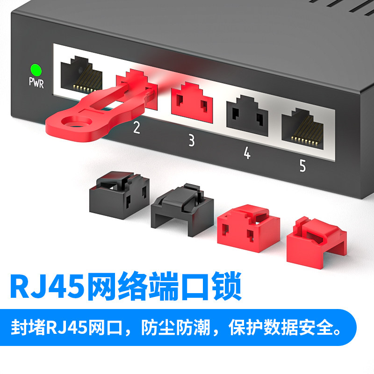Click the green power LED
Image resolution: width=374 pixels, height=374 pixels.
[36, 70]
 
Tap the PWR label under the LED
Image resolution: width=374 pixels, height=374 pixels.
[36, 83]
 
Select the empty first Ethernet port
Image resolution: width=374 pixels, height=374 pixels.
[81, 74]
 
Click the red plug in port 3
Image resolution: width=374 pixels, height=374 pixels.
[192, 102]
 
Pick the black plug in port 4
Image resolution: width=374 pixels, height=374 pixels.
[247, 115]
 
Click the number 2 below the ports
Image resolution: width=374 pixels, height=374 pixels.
[137, 127]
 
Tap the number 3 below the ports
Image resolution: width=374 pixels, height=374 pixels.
[192, 140]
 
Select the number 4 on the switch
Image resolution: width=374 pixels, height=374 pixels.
[247, 153]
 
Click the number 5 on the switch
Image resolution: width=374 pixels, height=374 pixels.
[302, 165]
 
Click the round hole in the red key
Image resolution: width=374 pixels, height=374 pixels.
[77, 121]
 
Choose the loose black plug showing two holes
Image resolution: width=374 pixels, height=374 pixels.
[119, 195]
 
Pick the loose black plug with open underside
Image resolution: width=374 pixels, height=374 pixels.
[182, 210]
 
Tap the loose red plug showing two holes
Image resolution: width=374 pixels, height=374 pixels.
[249, 228]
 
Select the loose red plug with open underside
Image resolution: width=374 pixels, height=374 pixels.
[316, 243]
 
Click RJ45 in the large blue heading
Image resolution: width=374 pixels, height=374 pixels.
[47, 286]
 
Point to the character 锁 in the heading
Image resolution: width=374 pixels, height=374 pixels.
[227, 286]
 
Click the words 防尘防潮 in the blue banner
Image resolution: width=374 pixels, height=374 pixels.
[176, 328]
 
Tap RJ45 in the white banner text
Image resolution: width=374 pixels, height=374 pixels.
[67, 328]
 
